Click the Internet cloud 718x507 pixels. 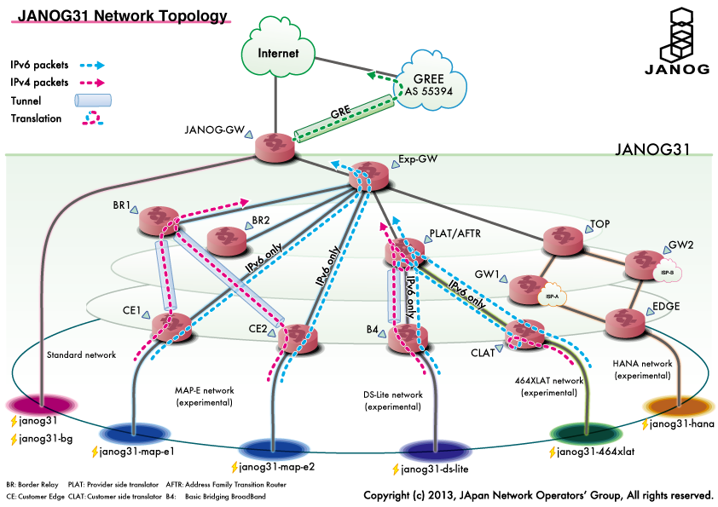tap(279, 54)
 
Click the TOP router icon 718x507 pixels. tap(562, 239)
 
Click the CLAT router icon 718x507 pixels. tap(524, 336)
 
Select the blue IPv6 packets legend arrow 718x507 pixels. tap(87, 65)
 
